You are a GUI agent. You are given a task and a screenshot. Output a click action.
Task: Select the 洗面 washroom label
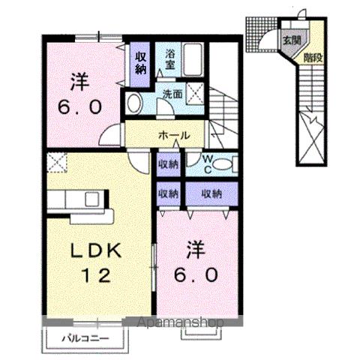pos(172,94)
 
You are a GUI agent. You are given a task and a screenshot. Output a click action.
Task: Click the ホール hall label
pos(172,136)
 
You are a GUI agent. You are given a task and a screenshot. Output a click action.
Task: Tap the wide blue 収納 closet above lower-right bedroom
pos(212,193)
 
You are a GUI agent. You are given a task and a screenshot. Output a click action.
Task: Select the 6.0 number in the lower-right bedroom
pos(198,275)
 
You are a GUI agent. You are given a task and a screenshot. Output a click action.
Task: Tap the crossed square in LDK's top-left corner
pos(57,161)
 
